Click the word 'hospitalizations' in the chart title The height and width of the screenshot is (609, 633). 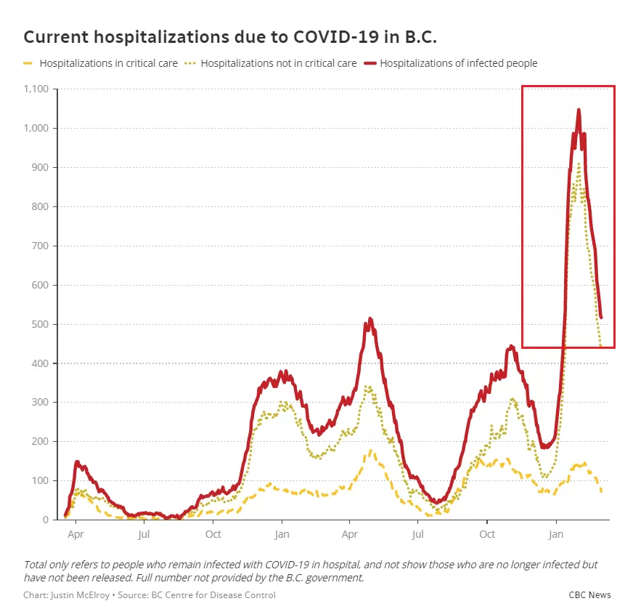161,37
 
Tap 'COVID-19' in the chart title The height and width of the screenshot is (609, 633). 336,37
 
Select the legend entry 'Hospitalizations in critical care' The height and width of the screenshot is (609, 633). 109,63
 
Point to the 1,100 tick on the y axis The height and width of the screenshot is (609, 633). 36,89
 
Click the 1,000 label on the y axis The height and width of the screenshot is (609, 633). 36,128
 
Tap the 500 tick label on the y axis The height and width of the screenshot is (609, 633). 40,324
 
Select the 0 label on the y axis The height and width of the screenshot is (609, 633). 46,520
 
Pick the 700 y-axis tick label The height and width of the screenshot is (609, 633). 40,246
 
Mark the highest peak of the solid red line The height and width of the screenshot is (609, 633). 579,110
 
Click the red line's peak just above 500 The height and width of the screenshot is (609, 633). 369,319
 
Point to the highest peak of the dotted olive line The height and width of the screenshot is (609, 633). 579,164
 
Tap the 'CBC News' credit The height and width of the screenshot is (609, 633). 589,595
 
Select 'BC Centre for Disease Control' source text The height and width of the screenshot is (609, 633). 213,595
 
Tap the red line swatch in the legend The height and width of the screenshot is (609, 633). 370,63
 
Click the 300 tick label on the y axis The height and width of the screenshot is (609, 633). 40,402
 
